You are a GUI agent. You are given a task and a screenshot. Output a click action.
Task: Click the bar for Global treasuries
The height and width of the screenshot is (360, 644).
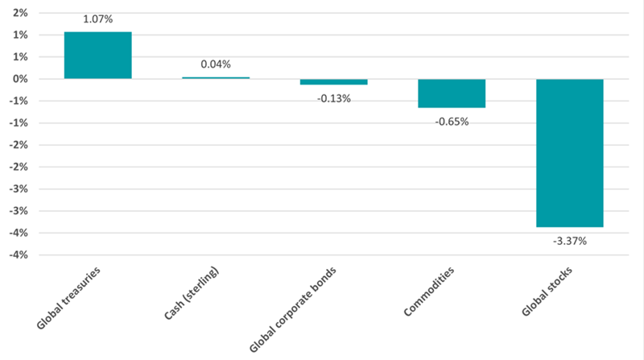[98, 55]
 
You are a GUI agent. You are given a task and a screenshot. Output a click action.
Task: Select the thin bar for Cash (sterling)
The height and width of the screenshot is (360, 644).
[216, 77]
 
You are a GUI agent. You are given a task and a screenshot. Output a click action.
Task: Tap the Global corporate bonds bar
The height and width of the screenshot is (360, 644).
[333, 81]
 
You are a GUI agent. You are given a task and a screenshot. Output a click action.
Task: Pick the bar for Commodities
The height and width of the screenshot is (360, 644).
[452, 93]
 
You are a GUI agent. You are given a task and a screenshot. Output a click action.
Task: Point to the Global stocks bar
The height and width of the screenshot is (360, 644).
[569, 153]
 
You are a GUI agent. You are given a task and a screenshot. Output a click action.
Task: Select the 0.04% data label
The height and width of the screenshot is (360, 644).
[216, 64]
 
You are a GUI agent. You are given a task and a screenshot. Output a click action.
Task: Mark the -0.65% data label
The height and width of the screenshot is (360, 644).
[452, 122]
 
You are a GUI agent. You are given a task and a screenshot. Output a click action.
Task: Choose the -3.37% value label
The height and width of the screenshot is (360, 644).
[569, 241]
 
